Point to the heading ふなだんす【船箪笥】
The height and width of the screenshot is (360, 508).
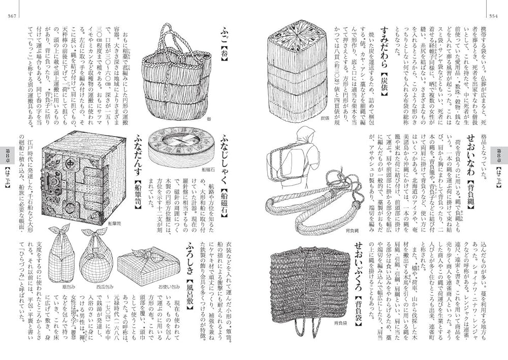(x=137, y=168)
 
